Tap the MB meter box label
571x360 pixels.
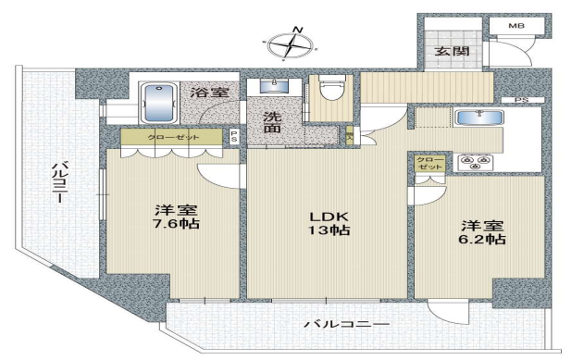pos(516,26)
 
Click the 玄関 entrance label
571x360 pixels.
pos(452,51)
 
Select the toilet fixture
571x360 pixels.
pos(331,87)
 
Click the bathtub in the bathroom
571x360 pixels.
pos(160,103)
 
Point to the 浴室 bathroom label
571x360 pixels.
pos(210,93)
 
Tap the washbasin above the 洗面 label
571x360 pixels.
pos(274,85)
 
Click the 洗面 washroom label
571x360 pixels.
pos(272,122)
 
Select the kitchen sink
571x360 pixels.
pos(480,118)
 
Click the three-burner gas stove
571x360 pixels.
pos(474,162)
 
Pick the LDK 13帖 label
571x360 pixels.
pos(329,223)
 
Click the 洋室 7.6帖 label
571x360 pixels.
pos(176,217)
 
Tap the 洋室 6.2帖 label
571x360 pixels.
pos(482,232)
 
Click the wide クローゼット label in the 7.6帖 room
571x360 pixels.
pos(174,137)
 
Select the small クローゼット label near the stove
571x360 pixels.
pos(431,164)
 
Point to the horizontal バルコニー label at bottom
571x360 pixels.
pos(347,324)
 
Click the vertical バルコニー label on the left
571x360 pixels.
pos(57,182)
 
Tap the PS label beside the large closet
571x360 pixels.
pos(234,136)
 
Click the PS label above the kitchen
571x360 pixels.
pos(521,100)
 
